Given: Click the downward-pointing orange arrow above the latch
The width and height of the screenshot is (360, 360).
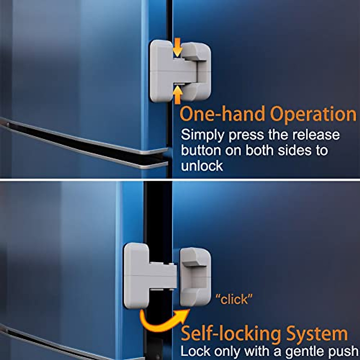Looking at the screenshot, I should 178,47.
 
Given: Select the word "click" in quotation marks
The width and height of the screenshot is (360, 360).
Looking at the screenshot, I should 234,299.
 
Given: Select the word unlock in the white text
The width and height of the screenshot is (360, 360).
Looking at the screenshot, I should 202,166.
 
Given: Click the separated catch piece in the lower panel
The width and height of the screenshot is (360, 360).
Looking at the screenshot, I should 195,277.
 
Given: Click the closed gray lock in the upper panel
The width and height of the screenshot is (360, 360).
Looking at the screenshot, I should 180,71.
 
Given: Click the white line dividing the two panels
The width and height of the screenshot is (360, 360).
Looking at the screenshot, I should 180,179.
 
